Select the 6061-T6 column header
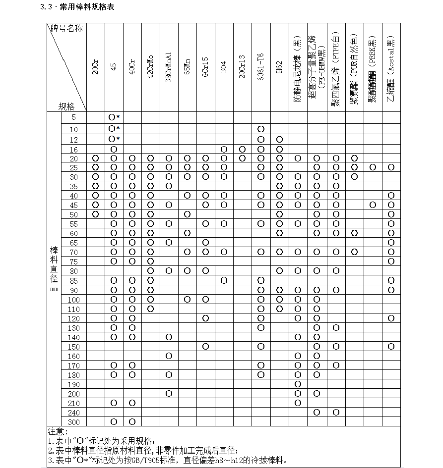(x=261, y=63)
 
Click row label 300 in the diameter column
(x=73, y=422)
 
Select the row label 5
(x=73, y=117)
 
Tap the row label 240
(x=73, y=413)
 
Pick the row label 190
(x=73, y=384)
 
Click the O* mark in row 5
(x=114, y=117)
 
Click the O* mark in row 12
(x=114, y=139)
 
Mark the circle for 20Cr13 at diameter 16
(x=242, y=149)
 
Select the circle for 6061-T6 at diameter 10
(x=261, y=129)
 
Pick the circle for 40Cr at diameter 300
(x=132, y=422)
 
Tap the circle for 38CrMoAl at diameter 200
(x=169, y=394)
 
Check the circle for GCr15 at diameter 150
(x=205, y=346)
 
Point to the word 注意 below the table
(x=56, y=431)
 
